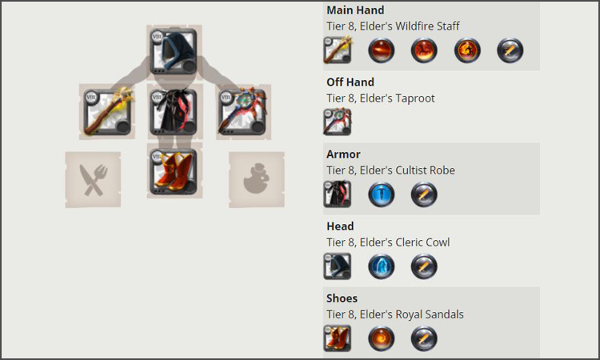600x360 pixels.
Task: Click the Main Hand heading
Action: [x=355, y=10]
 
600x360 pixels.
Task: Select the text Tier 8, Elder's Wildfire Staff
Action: [x=393, y=26]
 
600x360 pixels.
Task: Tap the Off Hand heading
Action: [x=350, y=82]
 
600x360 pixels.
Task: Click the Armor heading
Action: [x=343, y=154]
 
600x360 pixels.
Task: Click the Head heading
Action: [x=340, y=226]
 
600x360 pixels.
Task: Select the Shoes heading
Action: [x=342, y=298]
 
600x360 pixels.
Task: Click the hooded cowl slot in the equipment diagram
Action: [x=174, y=51]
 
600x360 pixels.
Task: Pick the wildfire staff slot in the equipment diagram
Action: [x=107, y=112]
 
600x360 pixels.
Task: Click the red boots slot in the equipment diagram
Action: [x=174, y=171]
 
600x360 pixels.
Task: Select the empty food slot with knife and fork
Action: [x=93, y=180]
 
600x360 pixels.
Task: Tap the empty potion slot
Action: [x=256, y=180]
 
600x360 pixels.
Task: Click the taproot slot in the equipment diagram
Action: [x=242, y=112]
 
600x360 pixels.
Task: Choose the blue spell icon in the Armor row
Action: [x=381, y=194]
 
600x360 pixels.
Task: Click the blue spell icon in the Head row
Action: [x=381, y=266]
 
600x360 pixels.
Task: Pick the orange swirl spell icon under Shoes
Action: [x=381, y=338]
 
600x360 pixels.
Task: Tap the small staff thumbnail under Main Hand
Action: [x=338, y=50]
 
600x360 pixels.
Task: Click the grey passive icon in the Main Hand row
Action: [x=510, y=50]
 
